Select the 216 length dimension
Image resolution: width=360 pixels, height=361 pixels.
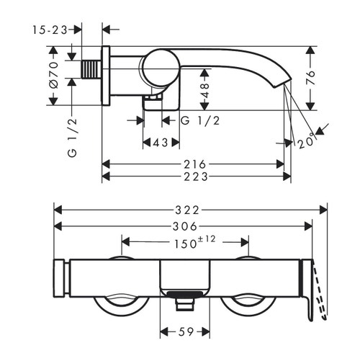[196, 164]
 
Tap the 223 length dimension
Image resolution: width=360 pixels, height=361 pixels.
[196, 177]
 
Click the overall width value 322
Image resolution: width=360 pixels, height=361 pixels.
[192, 210]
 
